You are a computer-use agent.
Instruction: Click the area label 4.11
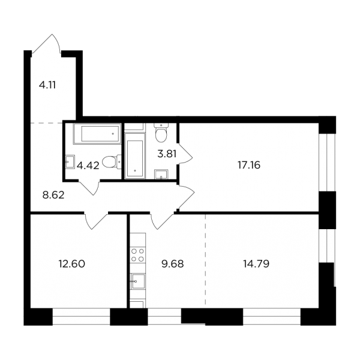pyautogui.click(x=47, y=85)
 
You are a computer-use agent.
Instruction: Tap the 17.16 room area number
pyautogui.click(x=249, y=165)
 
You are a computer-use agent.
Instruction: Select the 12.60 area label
pyautogui.click(x=72, y=264)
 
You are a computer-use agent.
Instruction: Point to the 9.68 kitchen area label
pyautogui.click(x=173, y=264)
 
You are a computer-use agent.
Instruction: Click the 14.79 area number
pyautogui.click(x=256, y=264)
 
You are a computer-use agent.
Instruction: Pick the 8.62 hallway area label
pyautogui.click(x=53, y=196)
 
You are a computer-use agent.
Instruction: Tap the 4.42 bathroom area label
pyautogui.click(x=88, y=166)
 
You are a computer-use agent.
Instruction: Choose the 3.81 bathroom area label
pyautogui.click(x=167, y=154)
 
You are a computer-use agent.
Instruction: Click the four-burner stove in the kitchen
pyautogui.click(x=137, y=255)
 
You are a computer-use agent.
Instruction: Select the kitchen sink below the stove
pyautogui.click(x=137, y=281)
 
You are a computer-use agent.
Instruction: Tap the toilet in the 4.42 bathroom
pyautogui.click(x=112, y=162)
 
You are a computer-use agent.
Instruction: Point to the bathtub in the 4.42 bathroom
pyautogui.click(x=97, y=134)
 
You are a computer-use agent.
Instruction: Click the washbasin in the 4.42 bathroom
pyautogui.click(x=70, y=162)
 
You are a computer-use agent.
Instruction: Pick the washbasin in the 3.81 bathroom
pyautogui.click(x=161, y=174)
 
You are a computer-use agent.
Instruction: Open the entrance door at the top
pyautogui.click(x=46, y=45)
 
